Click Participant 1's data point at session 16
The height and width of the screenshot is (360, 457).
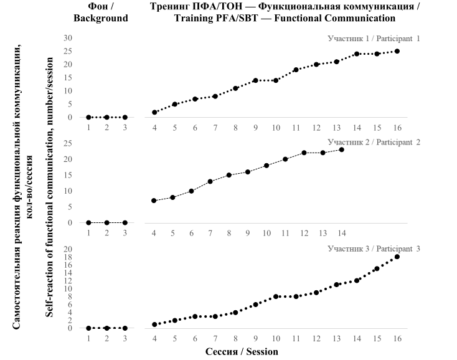point(397,51)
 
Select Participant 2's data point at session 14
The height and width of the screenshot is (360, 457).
point(341,149)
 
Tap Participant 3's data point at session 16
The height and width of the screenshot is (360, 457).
point(397,257)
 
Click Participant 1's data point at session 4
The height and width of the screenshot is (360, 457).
point(154,112)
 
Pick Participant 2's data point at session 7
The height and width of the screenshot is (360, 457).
point(210,181)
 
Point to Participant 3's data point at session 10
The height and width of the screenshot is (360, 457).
point(276,296)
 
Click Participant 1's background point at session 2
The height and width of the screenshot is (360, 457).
point(107,117)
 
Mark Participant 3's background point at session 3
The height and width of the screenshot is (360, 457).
point(125,328)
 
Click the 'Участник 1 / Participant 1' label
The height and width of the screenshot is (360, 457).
point(374,39)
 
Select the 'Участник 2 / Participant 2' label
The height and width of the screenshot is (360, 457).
point(374,142)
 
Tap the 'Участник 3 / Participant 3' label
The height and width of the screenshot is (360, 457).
point(374,249)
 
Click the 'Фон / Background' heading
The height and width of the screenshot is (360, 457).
point(100,12)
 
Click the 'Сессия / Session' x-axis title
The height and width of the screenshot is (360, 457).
point(242,351)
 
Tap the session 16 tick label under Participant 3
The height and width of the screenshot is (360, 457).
point(397,338)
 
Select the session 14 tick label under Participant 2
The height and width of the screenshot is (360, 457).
point(341,232)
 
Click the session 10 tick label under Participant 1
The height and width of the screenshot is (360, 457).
point(275,128)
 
